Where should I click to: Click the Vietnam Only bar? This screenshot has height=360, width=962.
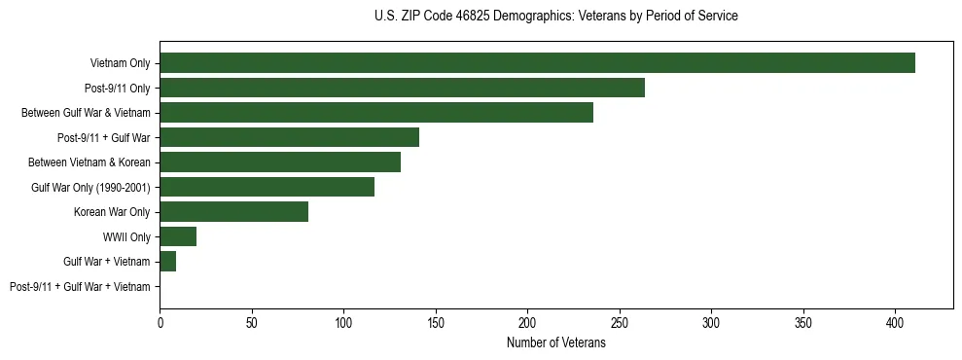click(537, 63)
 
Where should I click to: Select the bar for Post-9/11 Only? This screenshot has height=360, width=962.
click(402, 88)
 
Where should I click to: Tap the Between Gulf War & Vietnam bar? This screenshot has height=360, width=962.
click(376, 113)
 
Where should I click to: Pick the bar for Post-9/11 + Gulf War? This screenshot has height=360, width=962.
click(289, 137)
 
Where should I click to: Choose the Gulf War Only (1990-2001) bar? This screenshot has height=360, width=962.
click(267, 187)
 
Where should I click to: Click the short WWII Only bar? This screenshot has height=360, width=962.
click(178, 236)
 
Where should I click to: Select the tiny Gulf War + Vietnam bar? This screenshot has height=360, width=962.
click(167, 262)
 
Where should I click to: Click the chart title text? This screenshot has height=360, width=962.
click(555, 17)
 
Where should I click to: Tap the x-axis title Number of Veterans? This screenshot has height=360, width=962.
click(555, 343)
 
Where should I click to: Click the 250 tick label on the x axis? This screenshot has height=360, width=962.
click(620, 322)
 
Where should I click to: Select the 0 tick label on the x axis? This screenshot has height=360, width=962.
click(160, 322)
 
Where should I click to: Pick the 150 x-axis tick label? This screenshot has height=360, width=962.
click(436, 322)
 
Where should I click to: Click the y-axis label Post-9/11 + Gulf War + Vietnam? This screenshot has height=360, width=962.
click(80, 287)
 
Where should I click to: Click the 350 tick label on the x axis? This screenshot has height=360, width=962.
click(803, 322)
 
